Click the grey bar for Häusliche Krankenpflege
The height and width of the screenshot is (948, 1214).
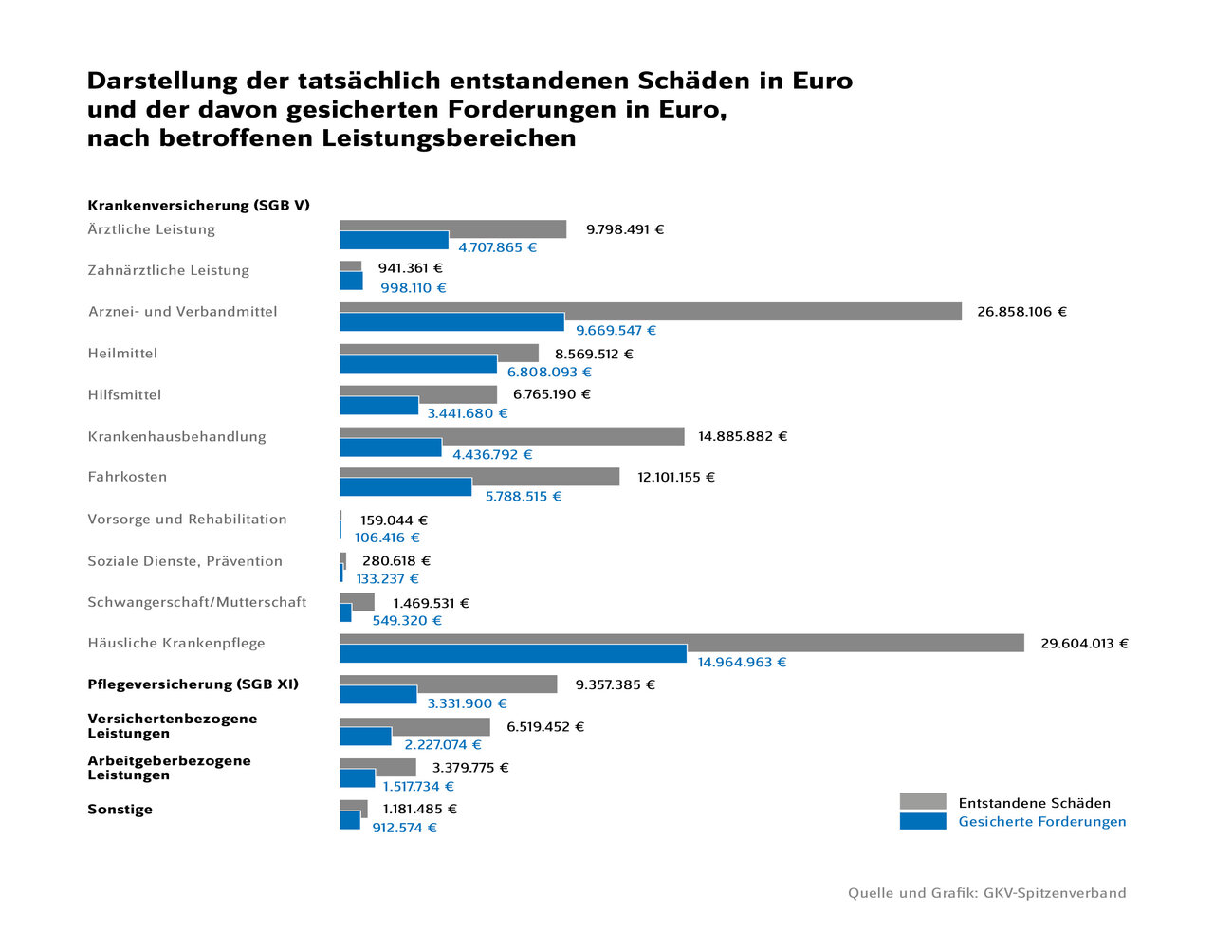[x=854, y=639]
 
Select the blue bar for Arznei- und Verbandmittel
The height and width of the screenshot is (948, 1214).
[x=451, y=322]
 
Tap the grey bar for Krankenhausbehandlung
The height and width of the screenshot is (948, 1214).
[x=569, y=432]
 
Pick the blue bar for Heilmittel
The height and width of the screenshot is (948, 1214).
[x=417, y=364]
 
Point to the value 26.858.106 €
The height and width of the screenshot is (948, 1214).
[x=1021, y=312]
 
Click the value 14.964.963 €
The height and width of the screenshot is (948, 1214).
[x=742, y=663]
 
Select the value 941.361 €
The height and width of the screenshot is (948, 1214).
[x=410, y=268]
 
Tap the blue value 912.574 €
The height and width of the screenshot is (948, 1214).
[x=404, y=828]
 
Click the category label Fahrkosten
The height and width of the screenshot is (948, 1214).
[x=127, y=477]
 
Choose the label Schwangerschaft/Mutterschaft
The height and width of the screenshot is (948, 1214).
[x=197, y=602]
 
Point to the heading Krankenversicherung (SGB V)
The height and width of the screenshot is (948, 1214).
[x=198, y=206]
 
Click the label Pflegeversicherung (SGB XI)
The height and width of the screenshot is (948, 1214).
[x=193, y=684]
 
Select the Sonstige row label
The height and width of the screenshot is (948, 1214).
[x=120, y=810]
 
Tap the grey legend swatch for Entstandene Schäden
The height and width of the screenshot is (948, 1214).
[x=922, y=801]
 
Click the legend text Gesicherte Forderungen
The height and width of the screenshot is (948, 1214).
[x=1041, y=822]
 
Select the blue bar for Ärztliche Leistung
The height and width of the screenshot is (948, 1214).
[x=394, y=241]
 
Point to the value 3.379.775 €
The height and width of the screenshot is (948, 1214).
[x=470, y=768]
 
